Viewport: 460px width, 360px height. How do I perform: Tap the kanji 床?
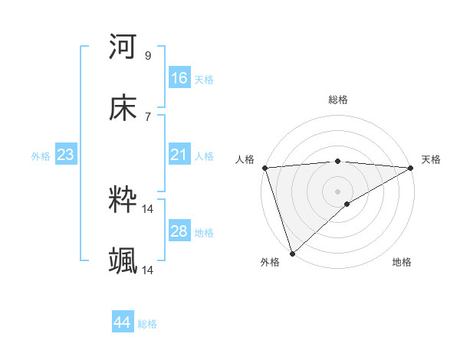[x=123, y=110]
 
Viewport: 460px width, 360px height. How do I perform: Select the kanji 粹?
[x=123, y=200]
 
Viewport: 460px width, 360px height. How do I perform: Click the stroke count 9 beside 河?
[x=148, y=55]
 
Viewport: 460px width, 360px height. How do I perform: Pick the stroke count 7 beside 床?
[x=148, y=117]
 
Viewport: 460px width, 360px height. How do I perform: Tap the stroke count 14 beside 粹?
[x=148, y=208]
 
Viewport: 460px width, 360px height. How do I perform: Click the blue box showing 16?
[x=179, y=77]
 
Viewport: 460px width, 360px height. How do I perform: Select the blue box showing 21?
[x=179, y=155]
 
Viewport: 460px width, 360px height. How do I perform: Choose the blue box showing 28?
[x=179, y=231]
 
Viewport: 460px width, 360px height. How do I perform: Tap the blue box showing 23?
[x=66, y=155]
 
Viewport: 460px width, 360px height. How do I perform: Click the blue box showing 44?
[x=123, y=322]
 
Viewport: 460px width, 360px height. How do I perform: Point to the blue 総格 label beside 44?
[x=147, y=324]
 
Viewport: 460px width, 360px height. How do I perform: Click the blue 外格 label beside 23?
[x=41, y=156]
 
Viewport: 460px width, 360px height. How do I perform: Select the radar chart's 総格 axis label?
[x=338, y=100]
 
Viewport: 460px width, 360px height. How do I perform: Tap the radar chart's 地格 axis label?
[x=402, y=263]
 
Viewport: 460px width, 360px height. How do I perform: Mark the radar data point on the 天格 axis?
[x=411, y=168]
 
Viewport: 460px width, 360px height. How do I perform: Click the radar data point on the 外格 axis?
[x=291, y=253]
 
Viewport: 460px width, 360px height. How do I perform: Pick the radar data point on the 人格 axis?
[x=264, y=168]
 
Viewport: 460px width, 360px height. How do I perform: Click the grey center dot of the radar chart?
[x=337, y=191]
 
